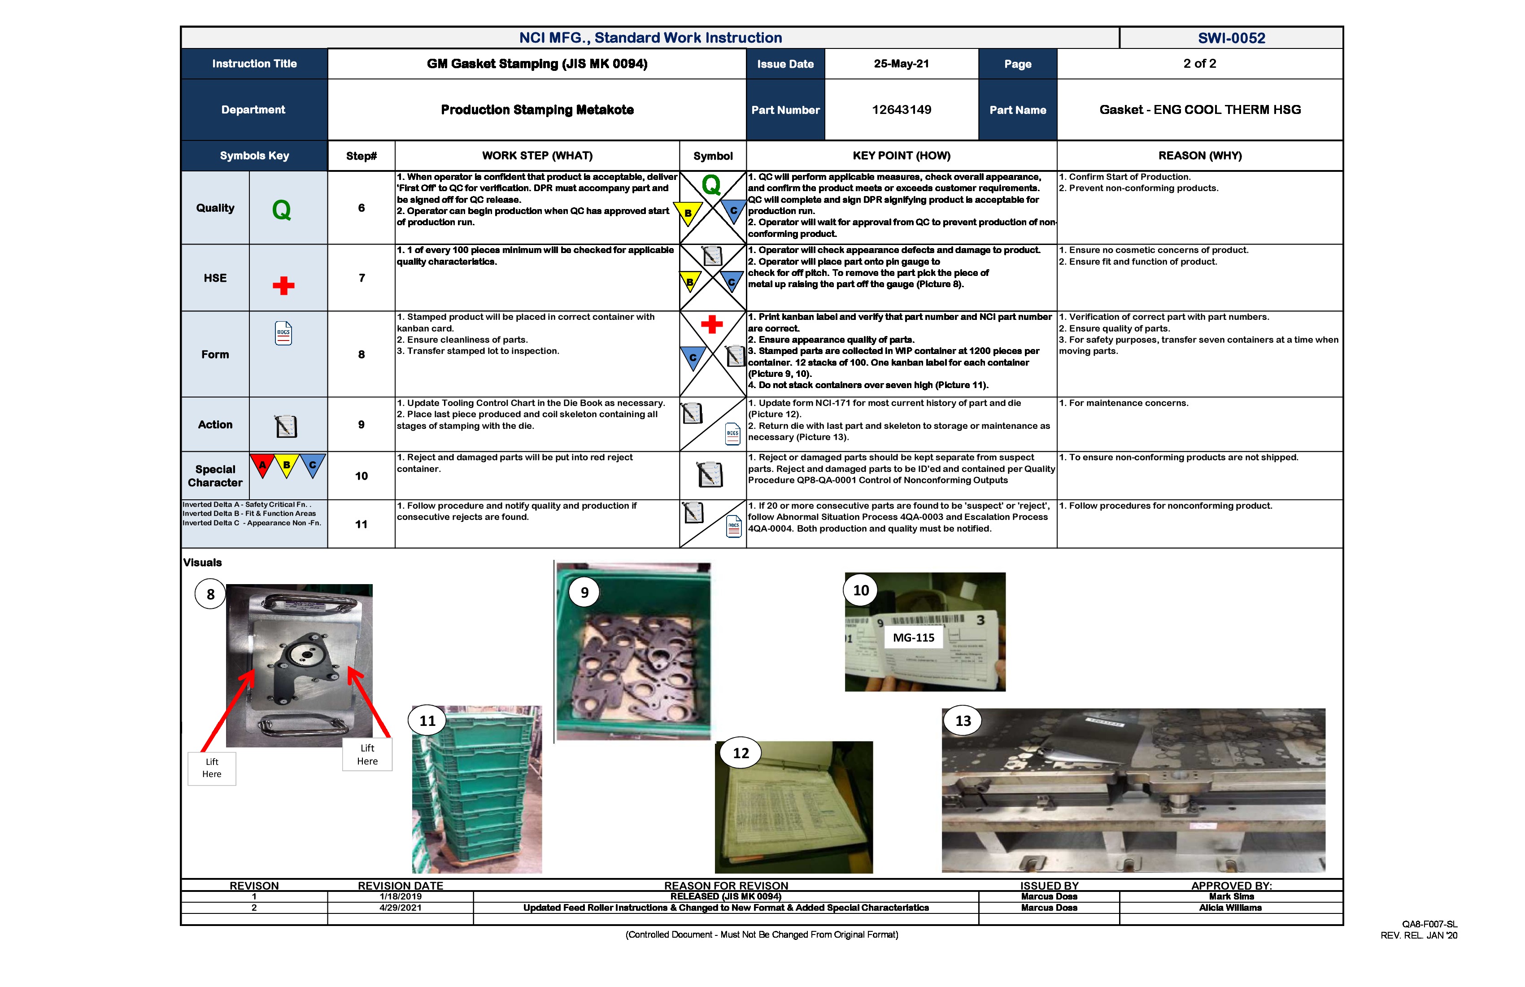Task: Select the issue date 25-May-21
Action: (901, 63)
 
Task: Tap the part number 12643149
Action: (901, 109)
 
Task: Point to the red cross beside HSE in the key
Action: (283, 285)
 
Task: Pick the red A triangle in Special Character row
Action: (262, 465)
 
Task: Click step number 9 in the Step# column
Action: (362, 424)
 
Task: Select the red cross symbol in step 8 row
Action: (711, 324)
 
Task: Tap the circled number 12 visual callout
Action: (741, 753)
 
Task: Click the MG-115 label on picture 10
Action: (913, 638)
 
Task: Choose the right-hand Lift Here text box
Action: (367, 754)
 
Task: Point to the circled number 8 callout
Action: (210, 594)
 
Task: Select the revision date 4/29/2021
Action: (401, 908)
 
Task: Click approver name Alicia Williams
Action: (1230, 908)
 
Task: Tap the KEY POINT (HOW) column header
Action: (901, 156)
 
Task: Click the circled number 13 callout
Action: (963, 721)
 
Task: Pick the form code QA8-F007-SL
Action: (1429, 924)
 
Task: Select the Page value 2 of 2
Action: (1199, 63)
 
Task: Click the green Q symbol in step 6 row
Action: (711, 185)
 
